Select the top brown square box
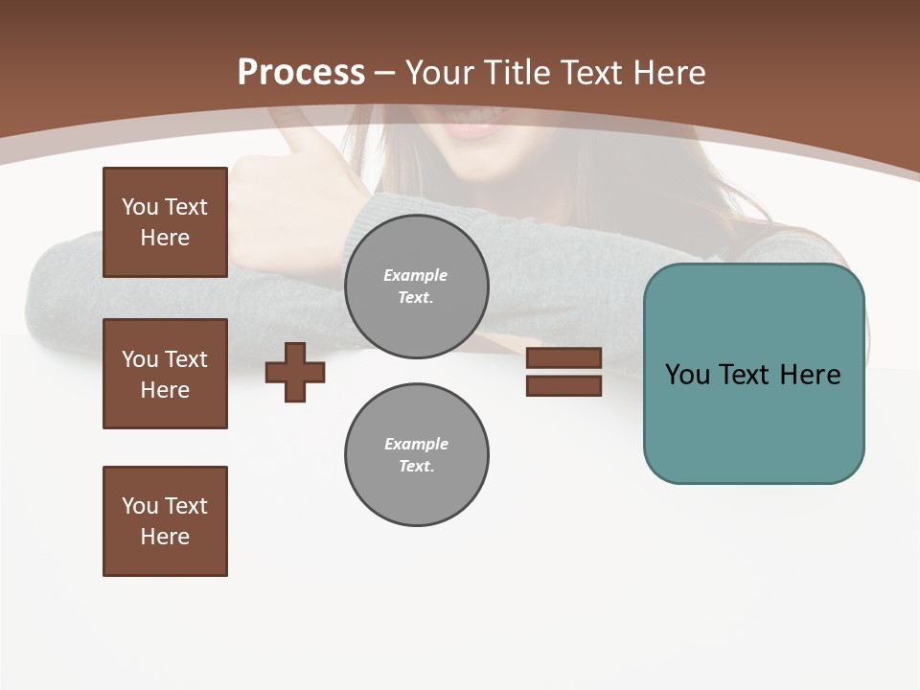click(x=165, y=222)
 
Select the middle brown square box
click(x=165, y=374)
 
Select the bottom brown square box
click(x=165, y=521)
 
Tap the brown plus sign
click(x=294, y=373)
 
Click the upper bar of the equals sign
click(x=563, y=358)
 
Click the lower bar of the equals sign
click(x=563, y=385)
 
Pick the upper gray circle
click(x=416, y=287)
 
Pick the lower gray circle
click(x=416, y=455)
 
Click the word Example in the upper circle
click(x=415, y=276)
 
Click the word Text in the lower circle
click(x=415, y=467)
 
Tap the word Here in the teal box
click(x=810, y=375)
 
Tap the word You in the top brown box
click(x=139, y=207)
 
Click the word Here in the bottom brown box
click(x=165, y=537)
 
